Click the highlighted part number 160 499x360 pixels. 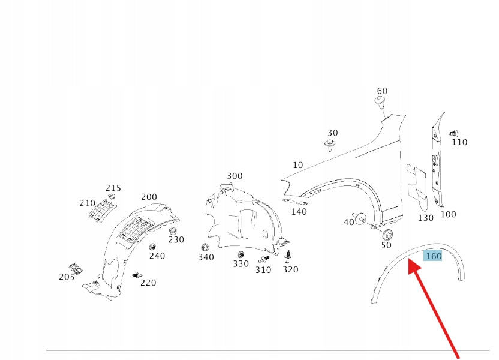pos(433,256)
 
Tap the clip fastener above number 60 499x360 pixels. pos(380,102)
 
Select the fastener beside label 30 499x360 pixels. pos(329,145)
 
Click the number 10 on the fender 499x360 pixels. pos(298,165)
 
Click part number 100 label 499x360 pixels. pos(448,214)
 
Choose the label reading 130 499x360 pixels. pos(425,218)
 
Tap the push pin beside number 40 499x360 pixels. pos(361,219)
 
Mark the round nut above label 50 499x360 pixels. pos(387,234)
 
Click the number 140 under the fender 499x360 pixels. pos(299,212)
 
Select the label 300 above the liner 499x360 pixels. pos(235,176)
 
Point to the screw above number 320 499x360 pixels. pos(289,256)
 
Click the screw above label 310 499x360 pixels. pos(264,259)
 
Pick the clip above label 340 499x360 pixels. pos(205,247)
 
